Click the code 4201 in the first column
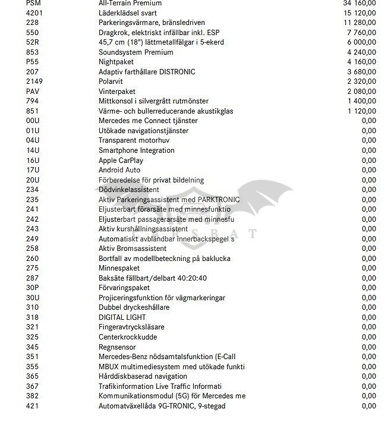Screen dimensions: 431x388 pyautogui.click(x=35, y=12)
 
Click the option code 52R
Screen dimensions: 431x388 pyautogui.click(x=33, y=42)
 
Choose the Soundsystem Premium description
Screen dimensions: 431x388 pyautogui.click(x=135, y=52)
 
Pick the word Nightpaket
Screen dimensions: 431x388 pyautogui.click(x=116, y=62)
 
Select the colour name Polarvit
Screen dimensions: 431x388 pyautogui.click(x=111, y=81)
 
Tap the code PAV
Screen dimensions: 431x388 pyautogui.click(x=33, y=92)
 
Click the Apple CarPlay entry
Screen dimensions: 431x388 pyautogui.click(x=121, y=161)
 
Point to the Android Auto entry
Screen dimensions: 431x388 pyautogui.click(x=119, y=170)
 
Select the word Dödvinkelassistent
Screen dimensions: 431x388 pyautogui.click(x=129, y=190)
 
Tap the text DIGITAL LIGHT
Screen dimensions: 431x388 pyautogui.click(x=122, y=317)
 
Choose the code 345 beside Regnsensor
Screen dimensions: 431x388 pyautogui.click(x=32, y=347)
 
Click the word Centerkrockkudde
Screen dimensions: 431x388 pyautogui.click(x=128, y=337)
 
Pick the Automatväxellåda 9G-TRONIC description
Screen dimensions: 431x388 pyautogui.click(x=162, y=406)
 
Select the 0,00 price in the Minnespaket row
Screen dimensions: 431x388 pyautogui.click(x=368, y=269)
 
